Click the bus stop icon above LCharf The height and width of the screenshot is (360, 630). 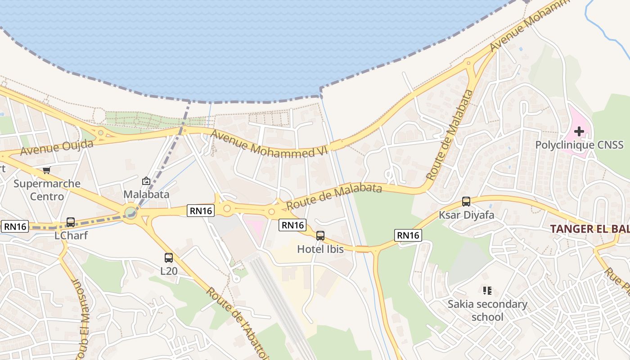71,222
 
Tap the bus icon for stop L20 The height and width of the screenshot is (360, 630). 169,258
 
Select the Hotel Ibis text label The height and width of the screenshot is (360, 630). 320,249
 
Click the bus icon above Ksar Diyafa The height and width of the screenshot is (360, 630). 466,202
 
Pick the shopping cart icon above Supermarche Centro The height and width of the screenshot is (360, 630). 46,170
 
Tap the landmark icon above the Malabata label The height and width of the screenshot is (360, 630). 146,181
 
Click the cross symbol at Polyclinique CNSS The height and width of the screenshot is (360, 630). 579,131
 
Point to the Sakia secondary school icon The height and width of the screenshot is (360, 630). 487,291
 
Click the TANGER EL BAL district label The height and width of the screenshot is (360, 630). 589,229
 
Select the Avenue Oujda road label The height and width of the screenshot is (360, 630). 57,148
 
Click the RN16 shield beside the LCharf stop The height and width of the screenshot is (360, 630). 15,226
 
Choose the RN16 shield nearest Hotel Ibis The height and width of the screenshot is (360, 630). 292,225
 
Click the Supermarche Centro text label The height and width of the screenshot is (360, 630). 47,190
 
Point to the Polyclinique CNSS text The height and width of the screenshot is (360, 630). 579,145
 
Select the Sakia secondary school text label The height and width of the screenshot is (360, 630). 487,310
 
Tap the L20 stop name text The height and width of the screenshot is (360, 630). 169,271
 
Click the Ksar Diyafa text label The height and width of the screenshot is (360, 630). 466,215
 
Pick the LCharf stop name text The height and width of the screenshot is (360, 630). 71,236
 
